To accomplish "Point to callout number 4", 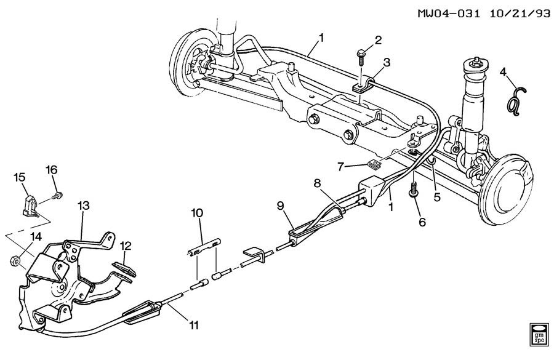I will (502, 73).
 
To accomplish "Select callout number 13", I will (83, 205).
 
